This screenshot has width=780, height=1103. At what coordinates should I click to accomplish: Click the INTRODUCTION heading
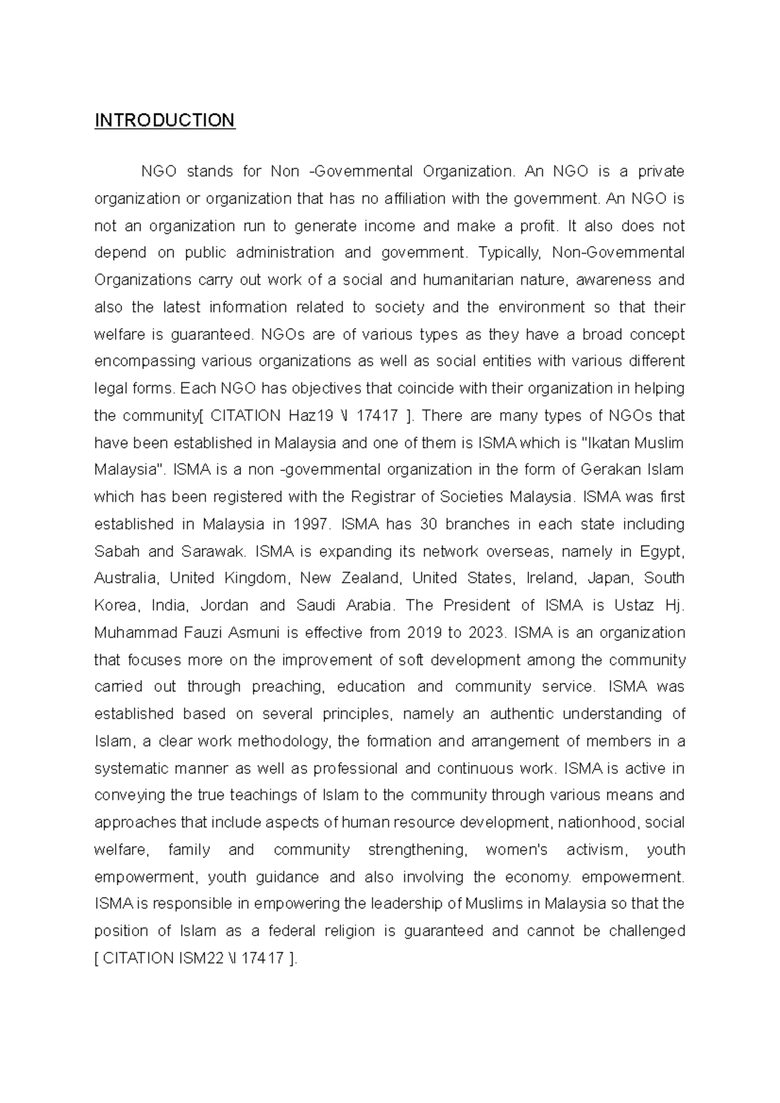click(x=164, y=121)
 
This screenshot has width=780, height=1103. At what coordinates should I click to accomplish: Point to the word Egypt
click(x=662, y=551)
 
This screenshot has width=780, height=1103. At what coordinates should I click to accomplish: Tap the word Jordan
click(x=224, y=605)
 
